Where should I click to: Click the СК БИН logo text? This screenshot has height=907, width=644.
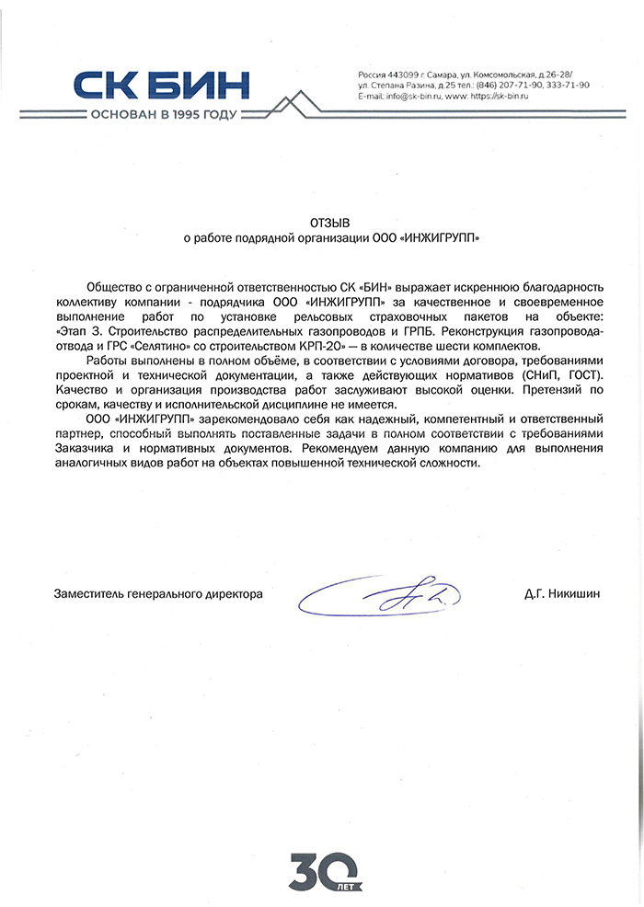tap(161, 86)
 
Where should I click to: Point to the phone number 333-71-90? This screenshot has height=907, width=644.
tap(569, 85)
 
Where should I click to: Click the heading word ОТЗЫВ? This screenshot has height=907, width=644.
tap(330, 222)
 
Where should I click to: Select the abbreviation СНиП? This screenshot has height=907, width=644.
tap(541, 374)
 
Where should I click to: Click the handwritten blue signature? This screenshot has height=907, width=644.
tap(386, 595)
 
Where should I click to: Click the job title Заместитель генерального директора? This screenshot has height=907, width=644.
tap(158, 595)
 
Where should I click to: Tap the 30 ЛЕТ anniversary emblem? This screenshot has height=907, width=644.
tap(322, 868)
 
